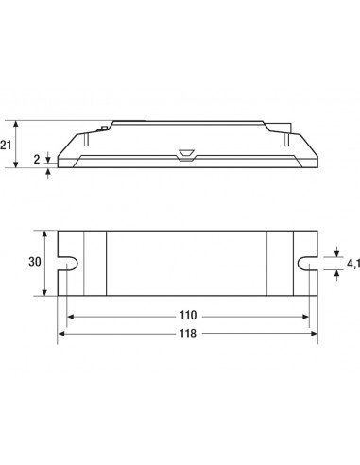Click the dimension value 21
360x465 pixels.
pos(6,146)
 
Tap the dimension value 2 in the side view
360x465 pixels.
pos(37,160)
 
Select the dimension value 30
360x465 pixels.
pos(35,262)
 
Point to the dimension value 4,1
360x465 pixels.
pos(353,265)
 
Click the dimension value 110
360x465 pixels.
pos(188,315)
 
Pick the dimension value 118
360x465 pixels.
pos(188,334)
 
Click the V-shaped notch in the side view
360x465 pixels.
pos(186,155)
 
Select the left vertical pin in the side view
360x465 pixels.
pos(86,140)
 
